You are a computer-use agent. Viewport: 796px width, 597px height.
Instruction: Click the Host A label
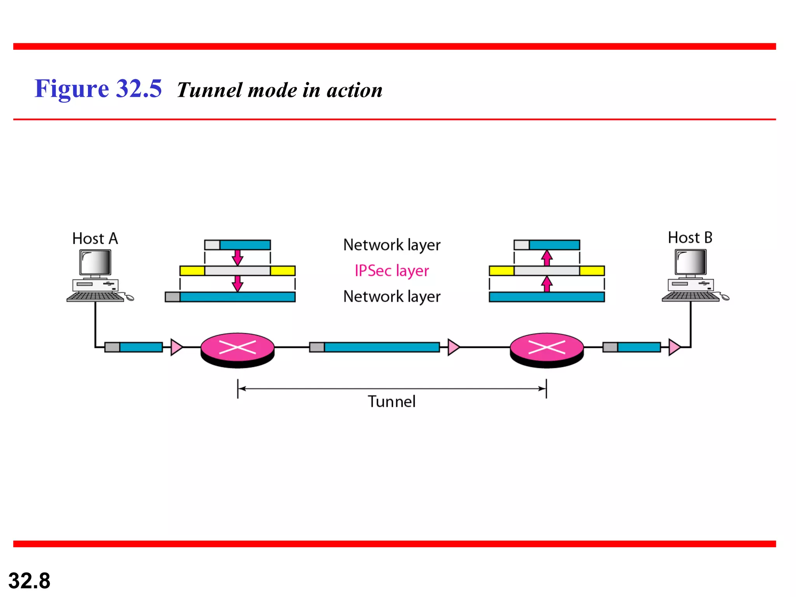tap(95, 239)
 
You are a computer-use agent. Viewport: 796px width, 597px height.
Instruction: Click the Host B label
tap(690, 238)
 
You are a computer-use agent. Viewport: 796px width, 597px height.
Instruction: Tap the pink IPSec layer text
tap(392, 271)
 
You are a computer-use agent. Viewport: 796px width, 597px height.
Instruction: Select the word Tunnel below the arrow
tap(392, 401)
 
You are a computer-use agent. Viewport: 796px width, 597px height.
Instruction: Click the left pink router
tap(237, 347)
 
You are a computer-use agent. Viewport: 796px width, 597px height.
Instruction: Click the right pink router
tap(546, 347)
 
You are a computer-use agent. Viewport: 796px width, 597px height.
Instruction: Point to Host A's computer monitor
tap(95, 263)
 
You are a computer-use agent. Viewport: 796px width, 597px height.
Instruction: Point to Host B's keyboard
tap(691, 297)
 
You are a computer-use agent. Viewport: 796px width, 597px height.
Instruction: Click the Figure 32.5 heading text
tap(98, 89)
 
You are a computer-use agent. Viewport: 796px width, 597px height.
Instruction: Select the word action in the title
tap(354, 90)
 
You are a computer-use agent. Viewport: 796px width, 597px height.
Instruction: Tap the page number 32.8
tap(29, 581)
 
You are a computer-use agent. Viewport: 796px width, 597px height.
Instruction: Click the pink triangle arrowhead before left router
tap(176, 347)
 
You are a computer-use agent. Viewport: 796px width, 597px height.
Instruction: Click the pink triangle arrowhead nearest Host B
tap(674, 347)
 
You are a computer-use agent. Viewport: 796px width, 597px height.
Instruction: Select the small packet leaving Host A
tap(134, 347)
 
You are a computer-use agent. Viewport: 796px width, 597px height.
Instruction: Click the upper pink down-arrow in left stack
tap(237, 257)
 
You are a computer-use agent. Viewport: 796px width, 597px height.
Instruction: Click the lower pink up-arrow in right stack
tap(547, 284)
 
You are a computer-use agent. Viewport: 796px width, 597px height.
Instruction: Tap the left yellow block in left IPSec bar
tap(192, 271)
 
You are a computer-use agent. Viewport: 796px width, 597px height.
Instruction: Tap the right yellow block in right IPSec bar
tap(592, 271)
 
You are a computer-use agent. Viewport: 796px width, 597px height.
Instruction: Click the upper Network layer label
tap(392, 245)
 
